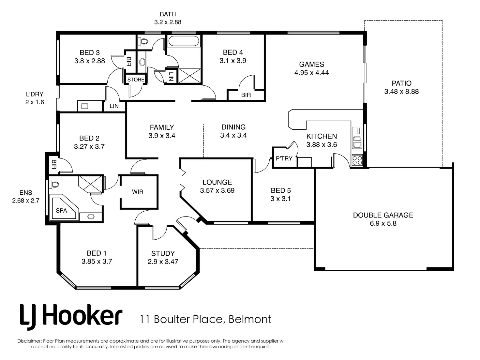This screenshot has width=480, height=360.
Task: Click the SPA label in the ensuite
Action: pyautogui.click(x=61, y=211)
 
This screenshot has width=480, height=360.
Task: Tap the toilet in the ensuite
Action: pyautogui.click(x=54, y=185)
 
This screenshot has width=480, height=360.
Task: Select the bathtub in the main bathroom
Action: pyautogui.click(x=184, y=41)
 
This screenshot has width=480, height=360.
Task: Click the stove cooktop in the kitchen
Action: pyautogui.click(x=357, y=160)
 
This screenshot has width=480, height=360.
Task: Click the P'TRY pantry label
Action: pyautogui.click(x=284, y=158)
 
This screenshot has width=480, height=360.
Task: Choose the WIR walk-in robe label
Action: pyautogui.click(x=138, y=192)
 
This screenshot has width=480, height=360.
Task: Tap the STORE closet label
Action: pyautogui.click(x=136, y=80)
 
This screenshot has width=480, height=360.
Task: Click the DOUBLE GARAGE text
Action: pyautogui.click(x=383, y=215)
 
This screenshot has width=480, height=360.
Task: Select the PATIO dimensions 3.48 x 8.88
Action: pyautogui.click(x=401, y=91)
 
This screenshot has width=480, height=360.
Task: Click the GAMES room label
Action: pyautogui.click(x=311, y=64)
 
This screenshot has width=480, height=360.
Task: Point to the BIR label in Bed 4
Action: pyautogui.click(x=246, y=95)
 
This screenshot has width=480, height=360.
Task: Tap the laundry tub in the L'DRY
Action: pyautogui.click(x=84, y=106)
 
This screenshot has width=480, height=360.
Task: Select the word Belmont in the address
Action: pyautogui.click(x=250, y=319)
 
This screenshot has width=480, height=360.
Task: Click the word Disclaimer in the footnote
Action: pyautogui.click(x=30, y=341)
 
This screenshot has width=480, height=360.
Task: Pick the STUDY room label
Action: pyautogui.click(x=163, y=253)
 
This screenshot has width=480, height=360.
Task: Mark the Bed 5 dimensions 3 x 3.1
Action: pyautogui.click(x=280, y=199)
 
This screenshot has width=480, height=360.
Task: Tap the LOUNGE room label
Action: pyautogui.click(x=217, y=182)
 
